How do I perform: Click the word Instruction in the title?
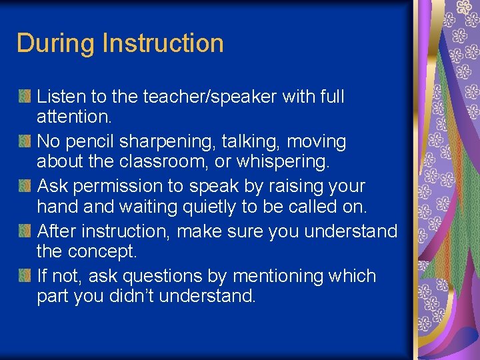point(163,43)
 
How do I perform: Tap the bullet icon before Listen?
point(25,97)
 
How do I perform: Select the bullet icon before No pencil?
point(25,142)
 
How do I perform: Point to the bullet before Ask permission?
point(25,187)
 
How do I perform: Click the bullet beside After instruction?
point(25,231)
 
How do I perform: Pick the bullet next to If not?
point(25,276)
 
